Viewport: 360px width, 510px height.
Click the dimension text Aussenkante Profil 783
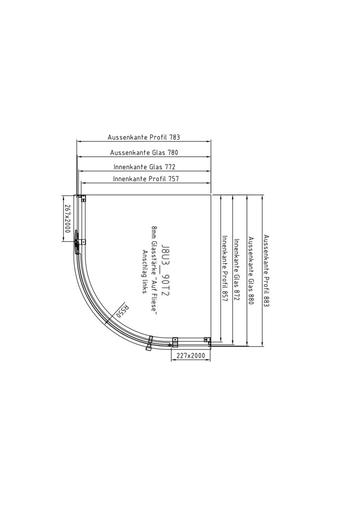[143, 137]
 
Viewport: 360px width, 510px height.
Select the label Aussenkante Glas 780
[144, 153]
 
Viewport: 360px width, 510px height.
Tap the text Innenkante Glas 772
[144, 167]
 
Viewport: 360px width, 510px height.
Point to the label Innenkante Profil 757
[146, 178]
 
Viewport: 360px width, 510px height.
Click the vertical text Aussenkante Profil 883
[267, 270]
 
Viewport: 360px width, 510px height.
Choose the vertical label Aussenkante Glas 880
[251, 270]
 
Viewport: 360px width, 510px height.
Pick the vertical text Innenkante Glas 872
[237, 270]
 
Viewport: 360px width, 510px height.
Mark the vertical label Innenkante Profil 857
[224, 269]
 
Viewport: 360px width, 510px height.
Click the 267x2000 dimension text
[67, 218]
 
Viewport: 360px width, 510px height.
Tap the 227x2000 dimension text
[191, 356]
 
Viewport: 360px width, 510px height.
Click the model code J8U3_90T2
[166, 270]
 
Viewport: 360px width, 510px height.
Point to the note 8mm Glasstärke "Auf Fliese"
[154, 270]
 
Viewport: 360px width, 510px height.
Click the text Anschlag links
[145, 272]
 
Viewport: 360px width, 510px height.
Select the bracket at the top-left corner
[81, 198]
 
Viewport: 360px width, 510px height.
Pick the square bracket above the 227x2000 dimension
[175, 341]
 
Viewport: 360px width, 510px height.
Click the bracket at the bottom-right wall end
[207, 340]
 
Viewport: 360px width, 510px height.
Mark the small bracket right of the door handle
[83, 242]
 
